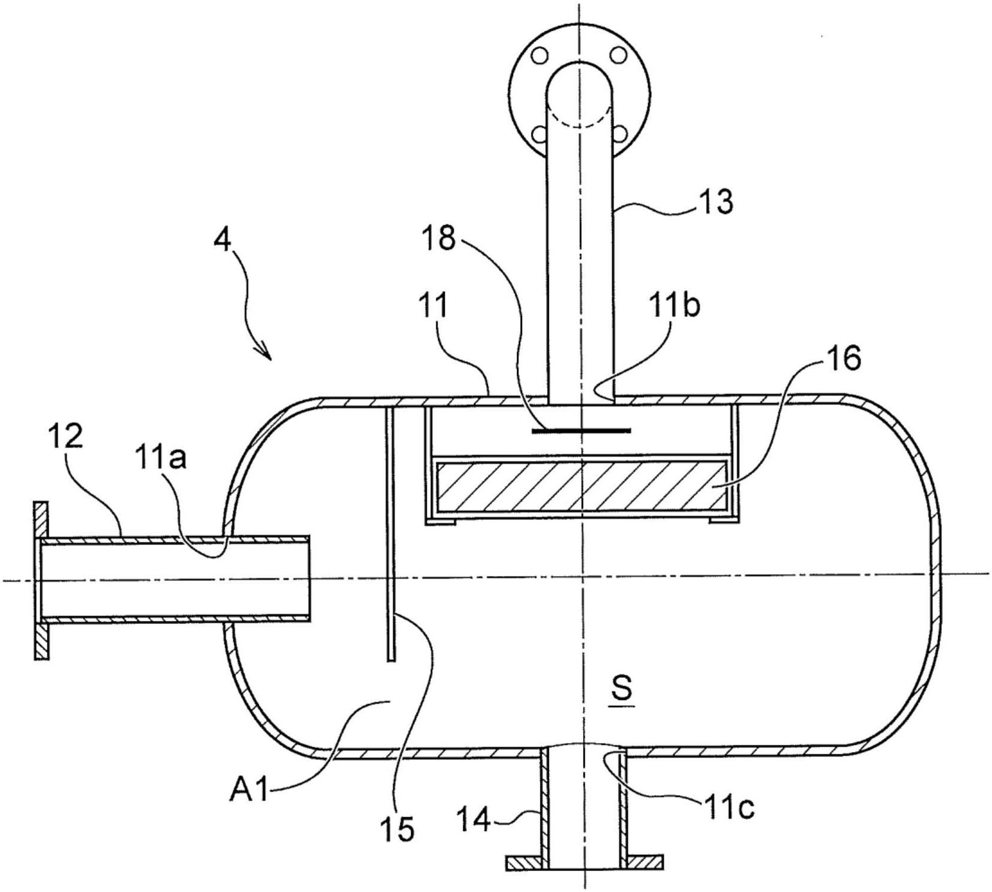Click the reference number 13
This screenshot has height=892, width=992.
pyautogui.click(x=716, y=202)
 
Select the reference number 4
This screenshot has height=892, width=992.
pyautogui.click(x=222, y=242)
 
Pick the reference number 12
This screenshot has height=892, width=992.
pyautogui.click(x=66, y=438)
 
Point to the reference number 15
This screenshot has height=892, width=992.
pyautogui.click(x=399, y=829)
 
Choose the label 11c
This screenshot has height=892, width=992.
pyautogui.click(x=727, y=808)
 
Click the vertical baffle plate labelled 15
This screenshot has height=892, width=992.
pyautogui.click(x=390, y=532)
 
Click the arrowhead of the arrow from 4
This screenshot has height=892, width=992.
pyautogui.click(x=266, y=354)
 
